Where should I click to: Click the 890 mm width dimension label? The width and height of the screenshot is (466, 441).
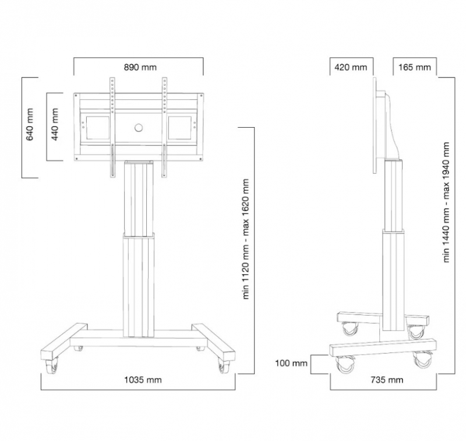[140, 67]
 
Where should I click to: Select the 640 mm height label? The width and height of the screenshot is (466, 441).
[30, 124]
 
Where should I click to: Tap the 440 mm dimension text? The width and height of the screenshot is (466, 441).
[55, 124]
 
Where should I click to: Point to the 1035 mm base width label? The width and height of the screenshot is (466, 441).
[143, 380]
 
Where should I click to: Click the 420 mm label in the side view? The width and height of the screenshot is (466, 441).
[351, 67]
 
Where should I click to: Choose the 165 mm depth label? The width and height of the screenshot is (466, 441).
[415, 67]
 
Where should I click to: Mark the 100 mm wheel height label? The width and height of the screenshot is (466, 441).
[291, 363]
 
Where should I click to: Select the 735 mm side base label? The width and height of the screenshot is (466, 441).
[387, 380]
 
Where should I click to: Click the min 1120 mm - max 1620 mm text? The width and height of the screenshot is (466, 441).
[245, 239]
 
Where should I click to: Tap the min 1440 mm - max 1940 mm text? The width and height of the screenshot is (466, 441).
[446, 202]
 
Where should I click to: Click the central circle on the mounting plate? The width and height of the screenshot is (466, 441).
[139, 128]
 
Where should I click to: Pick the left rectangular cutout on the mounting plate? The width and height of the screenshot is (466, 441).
[97, 128]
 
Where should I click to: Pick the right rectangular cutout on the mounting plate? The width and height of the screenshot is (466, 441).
[180, 128]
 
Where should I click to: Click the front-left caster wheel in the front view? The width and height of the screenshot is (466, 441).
[52, 366]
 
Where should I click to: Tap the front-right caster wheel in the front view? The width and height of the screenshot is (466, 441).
[223, 366]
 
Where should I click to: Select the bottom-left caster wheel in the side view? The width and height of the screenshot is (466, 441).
[345, 365]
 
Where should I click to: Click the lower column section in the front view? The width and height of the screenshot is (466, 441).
[139, 285]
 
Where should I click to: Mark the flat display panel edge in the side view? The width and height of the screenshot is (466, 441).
[375, 125]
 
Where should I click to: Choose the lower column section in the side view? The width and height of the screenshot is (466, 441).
[393, 281]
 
